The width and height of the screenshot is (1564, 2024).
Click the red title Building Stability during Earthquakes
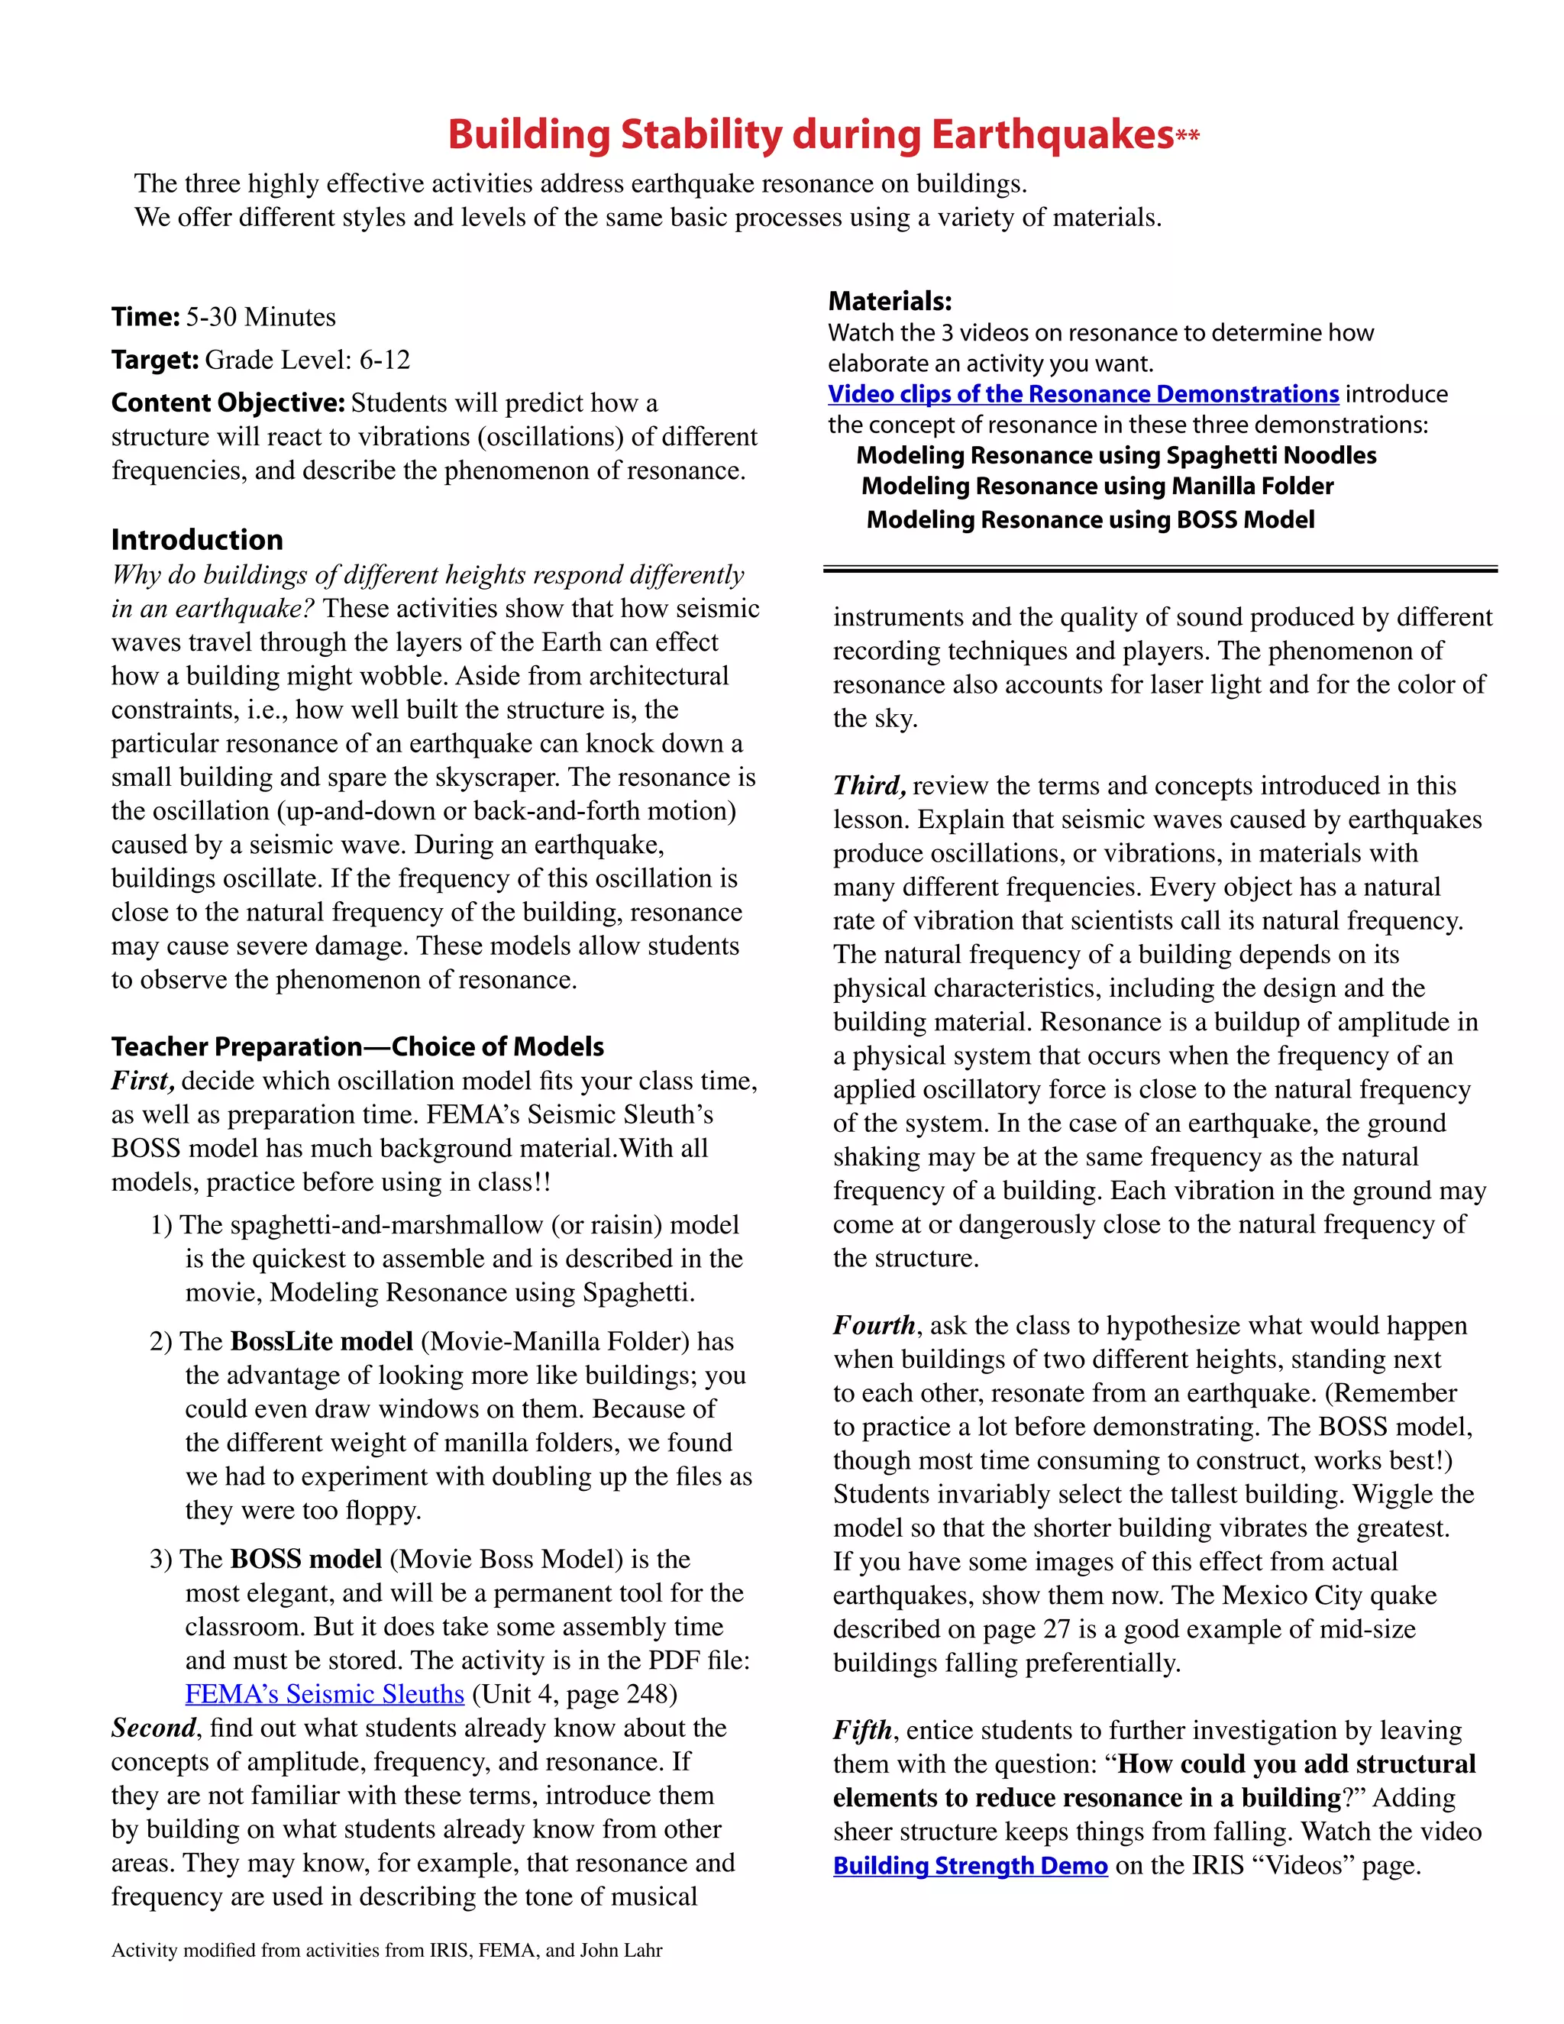click(x=811, y=135)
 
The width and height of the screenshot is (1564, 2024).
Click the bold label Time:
click(x=145, y=317)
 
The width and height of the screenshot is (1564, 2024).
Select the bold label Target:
click(x=155, y=360)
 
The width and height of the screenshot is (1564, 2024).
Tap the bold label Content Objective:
click(x=228, y=403)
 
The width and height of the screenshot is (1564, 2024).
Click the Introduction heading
click(x=197, y=540)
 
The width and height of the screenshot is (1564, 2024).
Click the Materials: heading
click(x=890, y=301)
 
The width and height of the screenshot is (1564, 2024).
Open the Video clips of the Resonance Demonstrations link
click(x=1083, y=394)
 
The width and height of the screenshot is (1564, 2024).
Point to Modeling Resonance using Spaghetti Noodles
click(x=1116, y=456)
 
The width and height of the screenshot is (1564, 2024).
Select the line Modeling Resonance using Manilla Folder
click(x=1097, y=487)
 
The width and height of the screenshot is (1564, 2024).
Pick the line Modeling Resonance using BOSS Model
click(x=1090, y=520)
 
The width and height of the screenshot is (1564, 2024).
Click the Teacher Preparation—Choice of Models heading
click(x=357, y=1047)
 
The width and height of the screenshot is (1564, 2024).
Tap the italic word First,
click(x=143, y=1081)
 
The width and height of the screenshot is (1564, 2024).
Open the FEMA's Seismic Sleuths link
click(x=325, y=1694)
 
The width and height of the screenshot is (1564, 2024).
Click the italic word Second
click(x=153, y=1728)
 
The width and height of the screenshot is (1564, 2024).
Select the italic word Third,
click(x=869, y=786)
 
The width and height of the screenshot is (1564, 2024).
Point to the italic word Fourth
click(x=874, y=1325)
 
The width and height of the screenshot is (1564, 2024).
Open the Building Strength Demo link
click(x=970, y=1866)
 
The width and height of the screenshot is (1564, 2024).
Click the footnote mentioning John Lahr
click(x=386, y=1950)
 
